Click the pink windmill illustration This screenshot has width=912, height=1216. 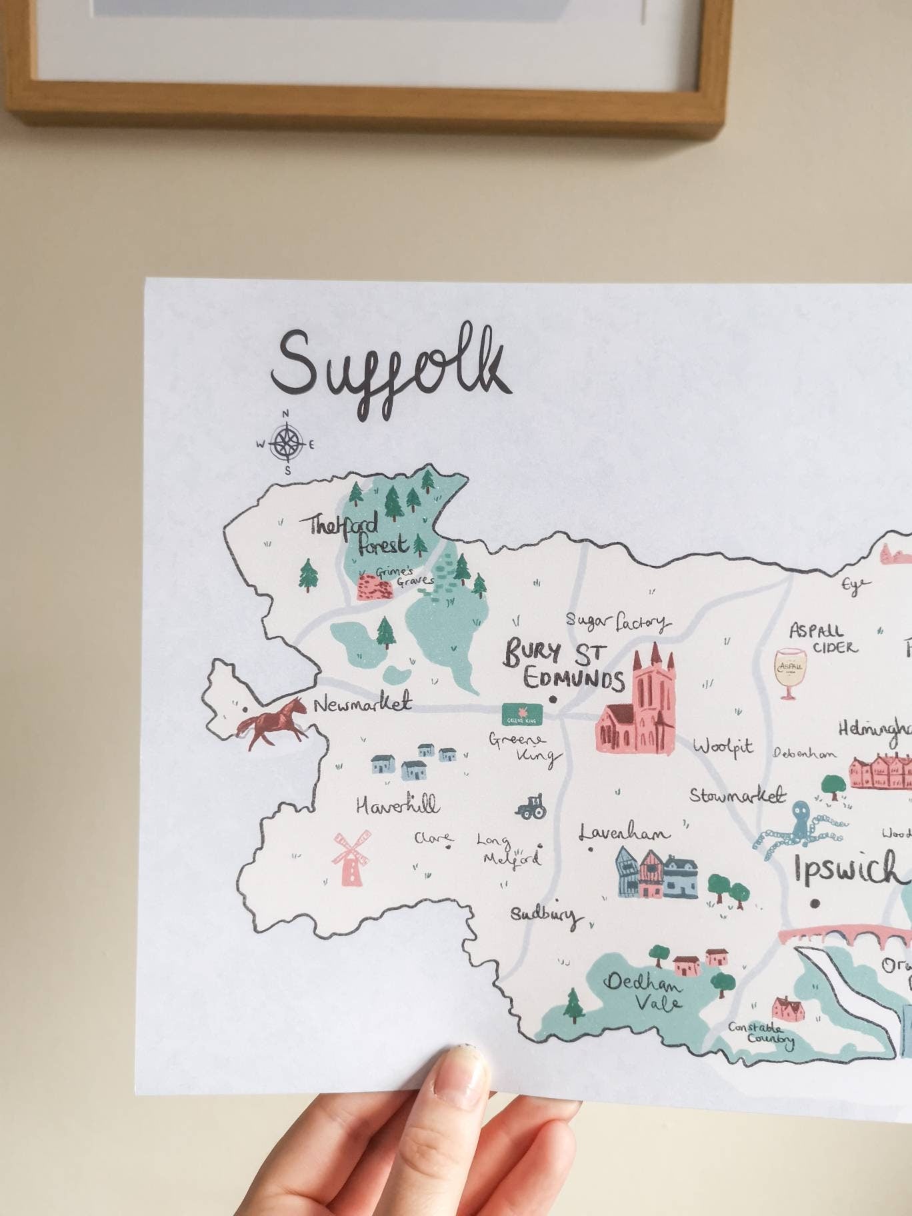(x=351, y=857)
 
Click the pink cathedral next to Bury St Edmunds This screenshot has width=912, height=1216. (x=636, y=707)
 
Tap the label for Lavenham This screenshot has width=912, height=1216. (x=625, y=833)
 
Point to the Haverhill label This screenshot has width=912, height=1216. (x=398, y=805)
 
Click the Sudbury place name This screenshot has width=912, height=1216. (x=544, y=915)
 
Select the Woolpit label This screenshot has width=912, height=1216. (x=723, y=747)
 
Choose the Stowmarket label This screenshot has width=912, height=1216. (x=737, y=796)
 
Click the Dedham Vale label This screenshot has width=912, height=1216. (x=644, y=991)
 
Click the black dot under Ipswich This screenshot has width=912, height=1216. (x=815, y=904)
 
